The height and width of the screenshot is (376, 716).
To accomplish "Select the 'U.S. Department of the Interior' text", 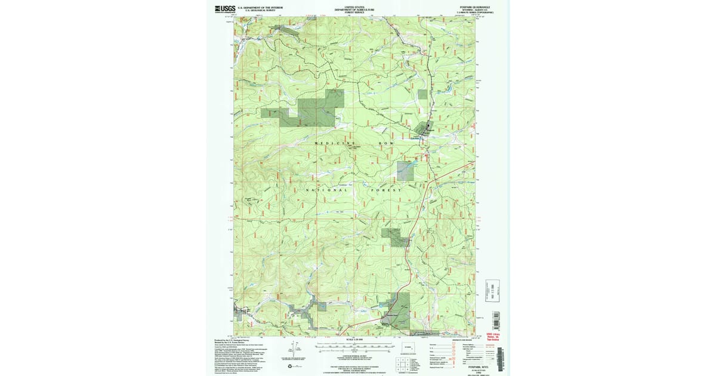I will click(260, 7).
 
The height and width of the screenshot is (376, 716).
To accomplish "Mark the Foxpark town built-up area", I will click(427, 127).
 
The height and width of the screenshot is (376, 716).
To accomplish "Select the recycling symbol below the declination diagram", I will click(290, 366).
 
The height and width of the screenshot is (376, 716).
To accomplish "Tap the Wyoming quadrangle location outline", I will click(408, 347).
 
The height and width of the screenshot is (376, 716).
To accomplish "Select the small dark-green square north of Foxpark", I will click(422, 94).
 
